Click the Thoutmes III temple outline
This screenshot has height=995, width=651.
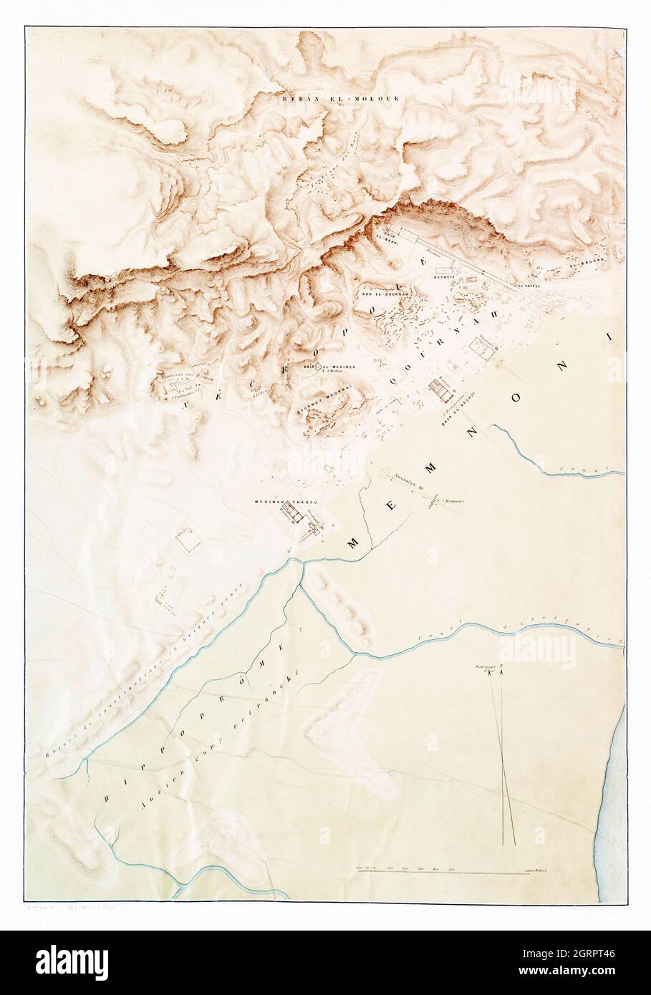480,349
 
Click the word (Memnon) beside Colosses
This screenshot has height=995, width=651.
453,501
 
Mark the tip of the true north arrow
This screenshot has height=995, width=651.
502,668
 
